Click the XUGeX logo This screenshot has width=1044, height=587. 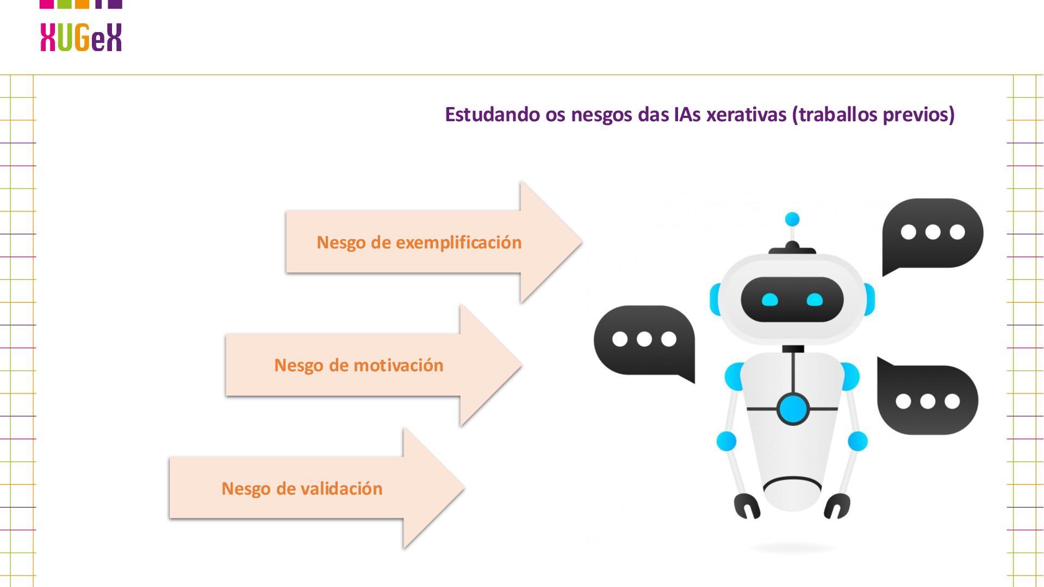[x=81, y=37]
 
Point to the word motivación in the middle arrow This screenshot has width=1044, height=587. [x=399, y=365]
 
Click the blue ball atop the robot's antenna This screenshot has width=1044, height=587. [x=792, y=220]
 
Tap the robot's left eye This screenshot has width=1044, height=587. [x=770, y=299]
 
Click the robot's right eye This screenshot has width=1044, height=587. [x=815, y=299]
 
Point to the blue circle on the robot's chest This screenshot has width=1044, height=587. [x=793, y=409]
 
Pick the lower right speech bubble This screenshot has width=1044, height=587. [x=928, y=399]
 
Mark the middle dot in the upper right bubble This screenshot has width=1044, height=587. [x=933, y=232]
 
